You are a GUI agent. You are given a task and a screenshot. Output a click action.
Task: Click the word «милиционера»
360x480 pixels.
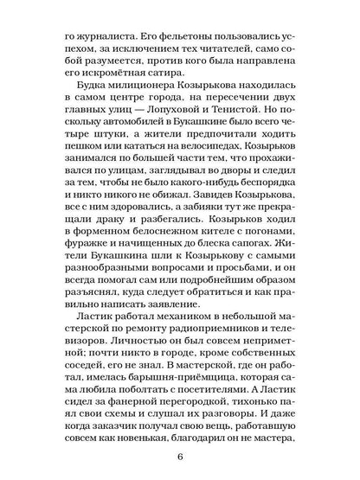coord(149,92)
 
